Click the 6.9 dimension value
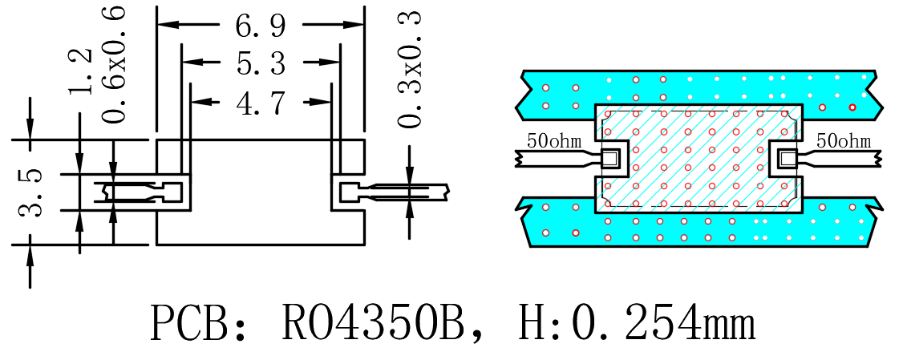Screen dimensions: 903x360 [x=260, y=26]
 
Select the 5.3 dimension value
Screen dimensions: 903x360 [x=261, y=63]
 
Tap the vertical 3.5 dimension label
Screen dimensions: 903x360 [x=30, y=192]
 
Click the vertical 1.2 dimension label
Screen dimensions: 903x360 [x=80, y=71]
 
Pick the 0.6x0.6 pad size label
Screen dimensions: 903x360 [x=114, y=64]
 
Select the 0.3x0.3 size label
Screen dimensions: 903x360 [x=410, y=68]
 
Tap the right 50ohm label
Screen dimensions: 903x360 [x=843, y=141]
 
